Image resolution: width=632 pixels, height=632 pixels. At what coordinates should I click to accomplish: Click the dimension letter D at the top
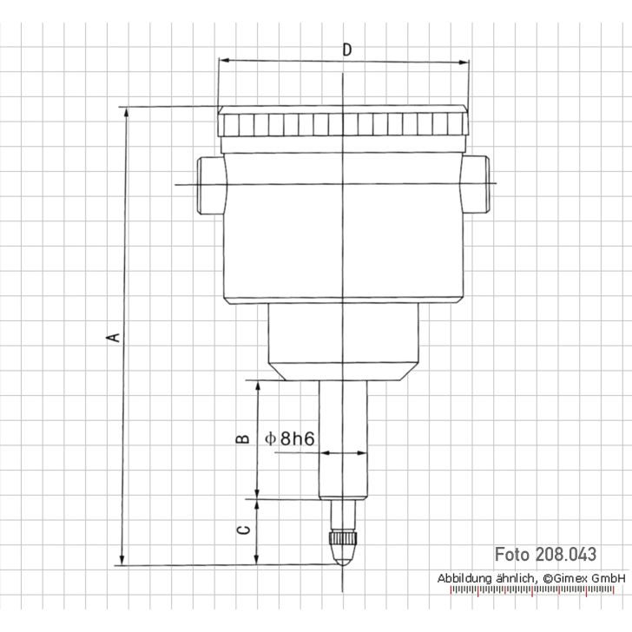[x=346, y=49]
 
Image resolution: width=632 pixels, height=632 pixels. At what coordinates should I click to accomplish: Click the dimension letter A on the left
[x=112, y=336]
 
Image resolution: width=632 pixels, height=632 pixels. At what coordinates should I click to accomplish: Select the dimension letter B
[x=245, y=438]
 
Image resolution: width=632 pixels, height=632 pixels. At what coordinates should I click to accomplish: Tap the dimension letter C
[x=245, y=530]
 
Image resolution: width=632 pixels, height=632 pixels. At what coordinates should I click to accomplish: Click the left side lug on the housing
[x=209, y=185]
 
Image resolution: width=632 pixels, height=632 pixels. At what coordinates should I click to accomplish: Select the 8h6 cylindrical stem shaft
[x=344, y=451]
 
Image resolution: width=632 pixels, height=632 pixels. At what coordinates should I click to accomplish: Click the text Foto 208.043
[x=546, y=554]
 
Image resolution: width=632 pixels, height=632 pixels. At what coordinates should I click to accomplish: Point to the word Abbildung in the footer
[x=467, y=577]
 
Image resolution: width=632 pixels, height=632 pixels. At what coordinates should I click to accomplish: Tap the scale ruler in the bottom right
[x=538, y=592]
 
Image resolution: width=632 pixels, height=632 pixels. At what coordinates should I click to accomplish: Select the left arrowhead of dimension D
[x=222, y=61]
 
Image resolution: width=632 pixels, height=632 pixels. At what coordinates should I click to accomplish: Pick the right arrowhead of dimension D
[x=464, y=61]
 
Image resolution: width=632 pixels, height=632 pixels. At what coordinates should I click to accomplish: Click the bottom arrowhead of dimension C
[x=258, y=560]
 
